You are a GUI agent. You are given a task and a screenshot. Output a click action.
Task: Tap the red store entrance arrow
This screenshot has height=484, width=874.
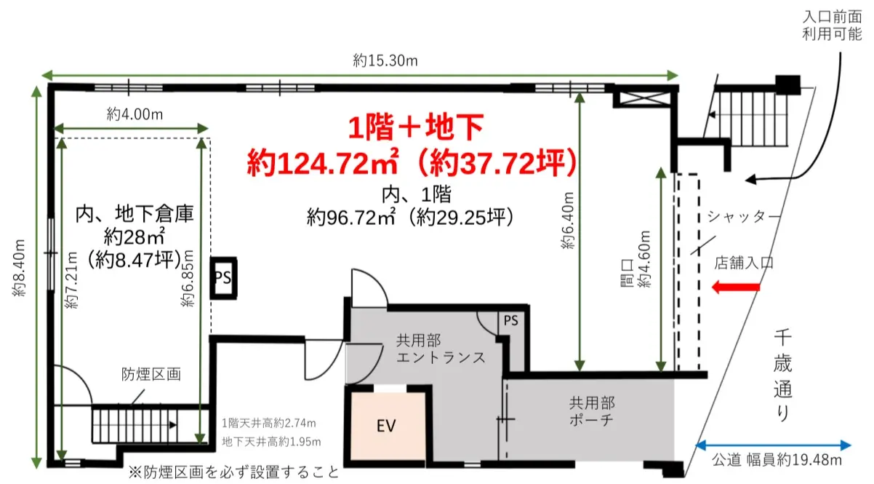click(736, 288)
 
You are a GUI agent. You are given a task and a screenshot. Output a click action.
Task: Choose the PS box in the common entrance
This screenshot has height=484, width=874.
click(511, 320)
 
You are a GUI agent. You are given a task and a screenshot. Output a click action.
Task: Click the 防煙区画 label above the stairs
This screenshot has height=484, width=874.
click(151, 375)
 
